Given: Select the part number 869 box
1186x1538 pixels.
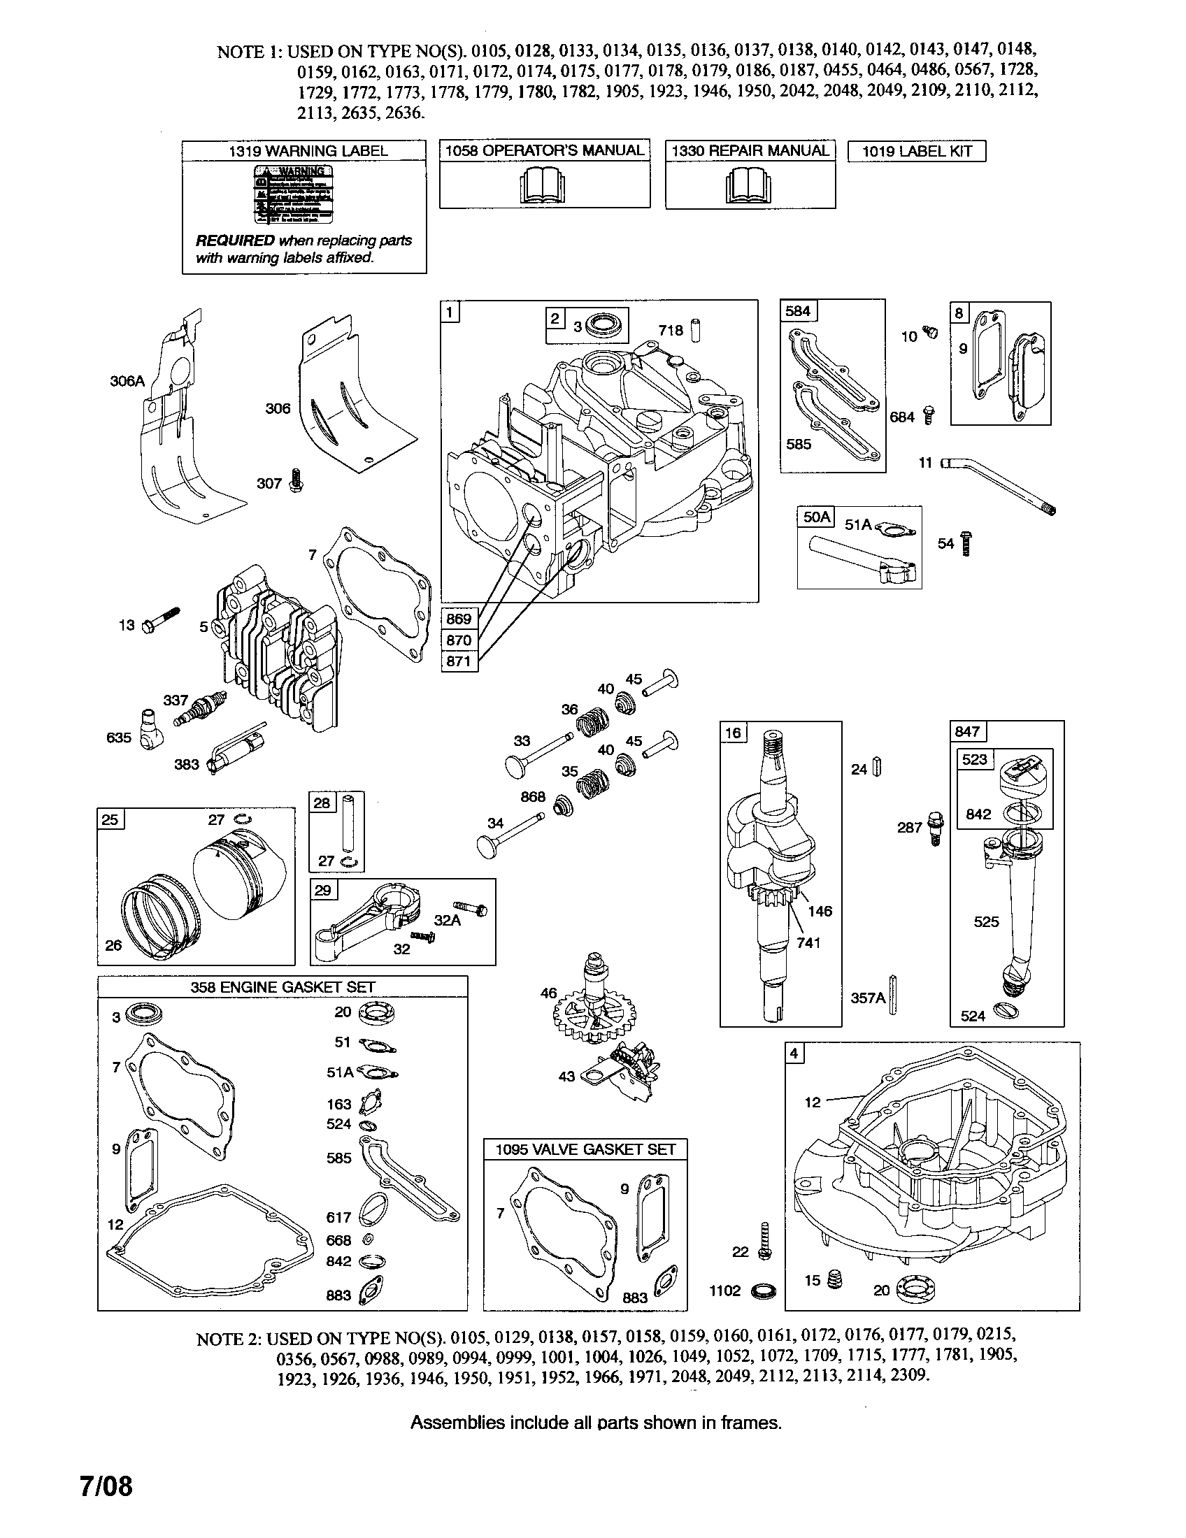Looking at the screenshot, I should coord(459,619).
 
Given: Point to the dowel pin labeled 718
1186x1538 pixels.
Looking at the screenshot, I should coord(696,330).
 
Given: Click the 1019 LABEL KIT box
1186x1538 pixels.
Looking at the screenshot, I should coord(916,152).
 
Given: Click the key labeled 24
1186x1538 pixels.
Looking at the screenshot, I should coord(877,767).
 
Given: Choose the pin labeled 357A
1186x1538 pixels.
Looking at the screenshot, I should coord(893,996).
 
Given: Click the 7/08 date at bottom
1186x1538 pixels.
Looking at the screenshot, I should coord(106,1486).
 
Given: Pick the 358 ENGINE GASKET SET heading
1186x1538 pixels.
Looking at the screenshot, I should coord(283,986).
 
